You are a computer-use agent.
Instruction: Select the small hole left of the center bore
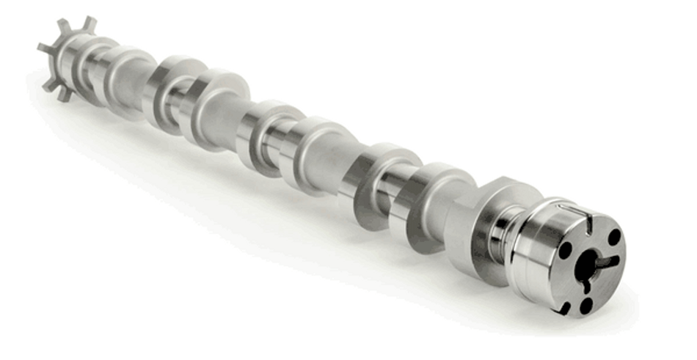coord(566,250)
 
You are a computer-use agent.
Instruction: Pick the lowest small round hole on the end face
coord(586,306)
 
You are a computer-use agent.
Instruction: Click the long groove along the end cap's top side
coord(571,210)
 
